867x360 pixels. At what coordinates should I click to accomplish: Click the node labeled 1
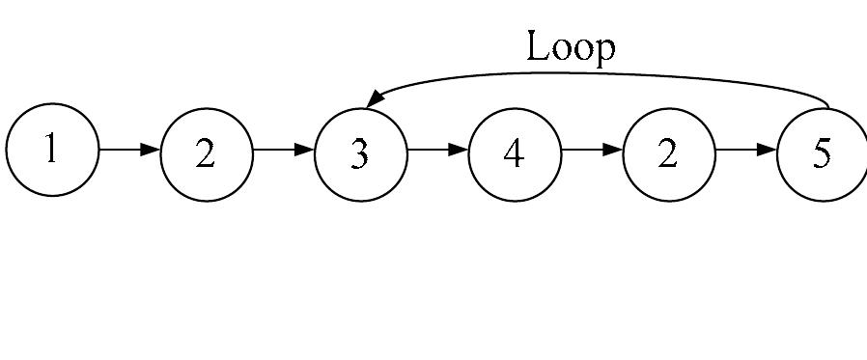click(x=52, y=151)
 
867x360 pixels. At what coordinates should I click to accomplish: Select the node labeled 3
click(x=360, y=153)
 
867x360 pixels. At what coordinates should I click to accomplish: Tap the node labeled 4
click(x=515, y=153)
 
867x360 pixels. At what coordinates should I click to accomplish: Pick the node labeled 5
click(x=822, y=153)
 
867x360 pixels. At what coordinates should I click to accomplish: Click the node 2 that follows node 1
click(x=206, y=153)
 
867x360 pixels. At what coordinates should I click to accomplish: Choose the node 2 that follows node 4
click(x=668, y=153)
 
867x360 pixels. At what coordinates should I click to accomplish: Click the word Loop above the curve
click(x=571, y=46)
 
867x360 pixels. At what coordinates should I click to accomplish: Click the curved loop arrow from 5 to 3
click(x=599, y=75)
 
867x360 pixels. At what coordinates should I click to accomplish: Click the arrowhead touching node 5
click(x=767, y=150)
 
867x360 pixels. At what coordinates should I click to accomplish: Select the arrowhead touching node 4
click(x=459, y=150)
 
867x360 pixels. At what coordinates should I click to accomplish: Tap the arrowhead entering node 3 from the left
click(x=304, y=150)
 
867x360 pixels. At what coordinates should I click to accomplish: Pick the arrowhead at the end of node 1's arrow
click(x=150, y=150)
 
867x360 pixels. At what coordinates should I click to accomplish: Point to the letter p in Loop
click(x=603, y=50)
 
